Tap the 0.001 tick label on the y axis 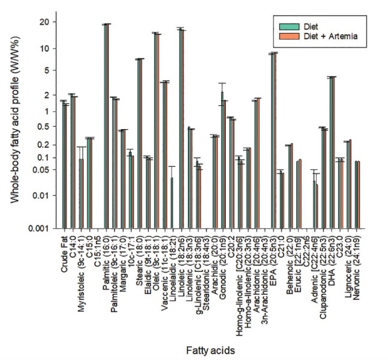click(44, 228)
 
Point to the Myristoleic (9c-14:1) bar click(81, 192)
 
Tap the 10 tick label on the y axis click(49, 48)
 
